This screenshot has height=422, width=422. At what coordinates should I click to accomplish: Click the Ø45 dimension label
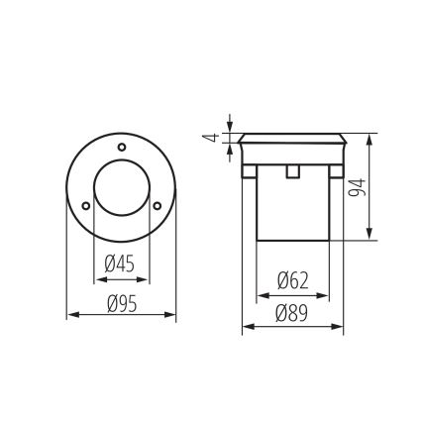pos(121,264)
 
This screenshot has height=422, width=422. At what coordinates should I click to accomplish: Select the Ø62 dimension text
pos(293,281)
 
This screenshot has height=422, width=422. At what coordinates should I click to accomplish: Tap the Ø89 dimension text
pos(293,314)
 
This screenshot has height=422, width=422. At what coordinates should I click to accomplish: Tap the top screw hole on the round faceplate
pos(121,148)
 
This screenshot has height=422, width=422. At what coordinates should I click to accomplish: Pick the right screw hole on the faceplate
pos(157,205)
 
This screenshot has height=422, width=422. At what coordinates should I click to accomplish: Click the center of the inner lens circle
pos(121,194)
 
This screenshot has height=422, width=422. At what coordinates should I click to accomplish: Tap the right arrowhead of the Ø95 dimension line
pos(172,317)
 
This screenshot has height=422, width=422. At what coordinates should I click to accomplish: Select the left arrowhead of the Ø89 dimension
pos(246,328)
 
